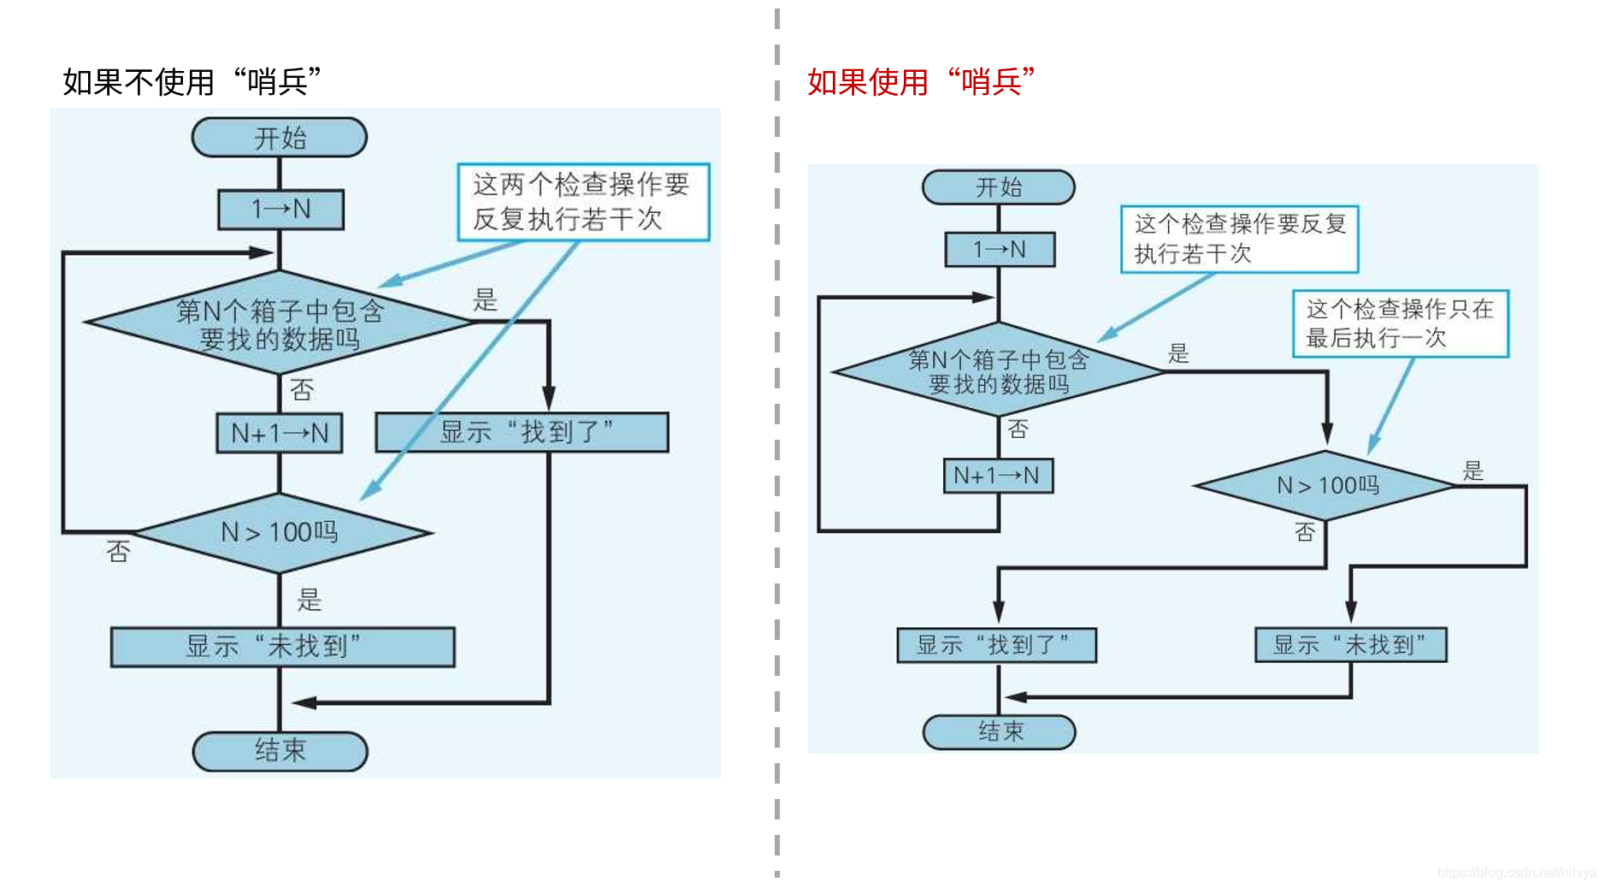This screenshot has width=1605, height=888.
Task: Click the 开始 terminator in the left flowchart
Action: tap(280, 138)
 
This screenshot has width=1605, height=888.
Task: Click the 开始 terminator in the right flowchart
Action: tap(999, 187)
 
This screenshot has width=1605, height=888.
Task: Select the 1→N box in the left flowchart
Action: tap(280, 210)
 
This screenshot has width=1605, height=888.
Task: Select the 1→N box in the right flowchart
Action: tap(1000, 250)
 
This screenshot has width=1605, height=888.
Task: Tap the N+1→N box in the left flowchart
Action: tap(280, 433)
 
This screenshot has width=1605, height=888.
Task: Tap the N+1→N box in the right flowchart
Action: tap(998, 476)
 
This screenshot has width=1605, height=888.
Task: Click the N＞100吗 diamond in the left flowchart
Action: tap(280, 532)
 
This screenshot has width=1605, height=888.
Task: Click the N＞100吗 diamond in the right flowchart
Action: tap(1326, 485)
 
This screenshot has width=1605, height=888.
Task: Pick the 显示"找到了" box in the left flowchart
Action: tap(522, 432)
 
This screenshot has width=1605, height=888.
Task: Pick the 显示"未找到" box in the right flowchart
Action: tap(1350, 645)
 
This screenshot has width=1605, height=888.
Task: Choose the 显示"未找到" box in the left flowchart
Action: tap(282, 647)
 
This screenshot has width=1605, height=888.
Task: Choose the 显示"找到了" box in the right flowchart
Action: tap(996, 645)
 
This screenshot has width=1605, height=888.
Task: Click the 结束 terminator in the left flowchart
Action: tap(280, 751)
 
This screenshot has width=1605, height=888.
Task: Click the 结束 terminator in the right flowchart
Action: tap(999, 732)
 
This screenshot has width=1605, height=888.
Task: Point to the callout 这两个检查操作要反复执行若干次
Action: tap(583, 202)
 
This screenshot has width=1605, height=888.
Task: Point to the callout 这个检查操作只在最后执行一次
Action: tap(1400, 323)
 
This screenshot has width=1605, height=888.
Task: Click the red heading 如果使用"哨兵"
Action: tap(921, 82)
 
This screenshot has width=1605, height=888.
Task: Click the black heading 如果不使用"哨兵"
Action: tap(192, 82)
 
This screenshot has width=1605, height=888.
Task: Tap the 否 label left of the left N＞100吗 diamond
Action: tap(118, 552)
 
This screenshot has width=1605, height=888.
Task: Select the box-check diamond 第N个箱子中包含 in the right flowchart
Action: tap(998, 371)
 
